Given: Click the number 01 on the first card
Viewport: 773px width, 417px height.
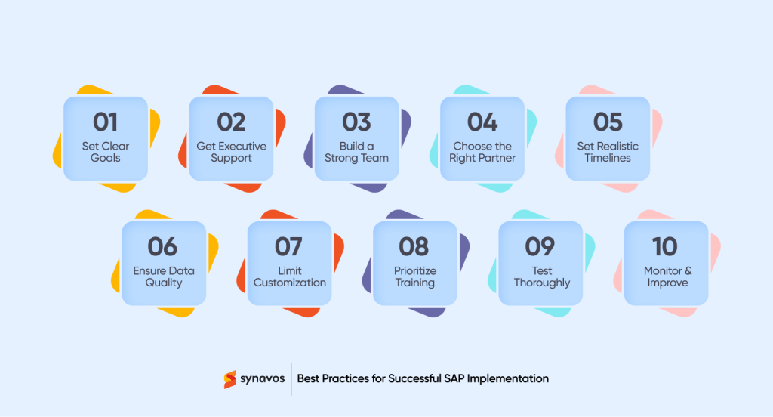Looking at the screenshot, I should (x=105, y=122).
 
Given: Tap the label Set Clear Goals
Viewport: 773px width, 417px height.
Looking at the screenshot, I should (x=105, y=152).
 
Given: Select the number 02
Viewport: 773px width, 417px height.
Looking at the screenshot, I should (x=231, y=122).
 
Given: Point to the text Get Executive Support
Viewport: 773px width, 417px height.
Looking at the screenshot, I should (x=231, y=152).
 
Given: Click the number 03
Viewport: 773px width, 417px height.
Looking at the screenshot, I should (x=356, y=122).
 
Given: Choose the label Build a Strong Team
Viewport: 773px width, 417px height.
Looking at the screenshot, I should (x=356, y=152).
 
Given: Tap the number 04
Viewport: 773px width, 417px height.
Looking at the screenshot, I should (x=482, y=122).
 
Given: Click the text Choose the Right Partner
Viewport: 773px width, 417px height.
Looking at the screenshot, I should (x=482, y=152).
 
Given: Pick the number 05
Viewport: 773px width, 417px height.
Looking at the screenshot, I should (x=608, y=122).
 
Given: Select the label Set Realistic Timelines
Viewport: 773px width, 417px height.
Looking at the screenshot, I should (x=608, y=152).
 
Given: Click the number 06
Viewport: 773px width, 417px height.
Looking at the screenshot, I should (x=163, y=246).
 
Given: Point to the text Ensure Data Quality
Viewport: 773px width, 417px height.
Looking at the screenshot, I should (x=164, y=276).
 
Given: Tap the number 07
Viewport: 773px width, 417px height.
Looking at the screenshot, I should (x=289, y=246).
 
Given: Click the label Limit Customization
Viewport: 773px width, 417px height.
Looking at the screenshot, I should (x=290, y=276).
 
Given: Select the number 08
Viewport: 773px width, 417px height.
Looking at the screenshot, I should (x=414, y=246).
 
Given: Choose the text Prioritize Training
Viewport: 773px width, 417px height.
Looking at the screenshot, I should (x=414, y=276).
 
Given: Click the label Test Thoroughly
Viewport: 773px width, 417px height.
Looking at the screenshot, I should (x=541, y=276).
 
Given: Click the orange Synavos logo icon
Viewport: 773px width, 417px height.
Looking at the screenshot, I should (x=230, y=378).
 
